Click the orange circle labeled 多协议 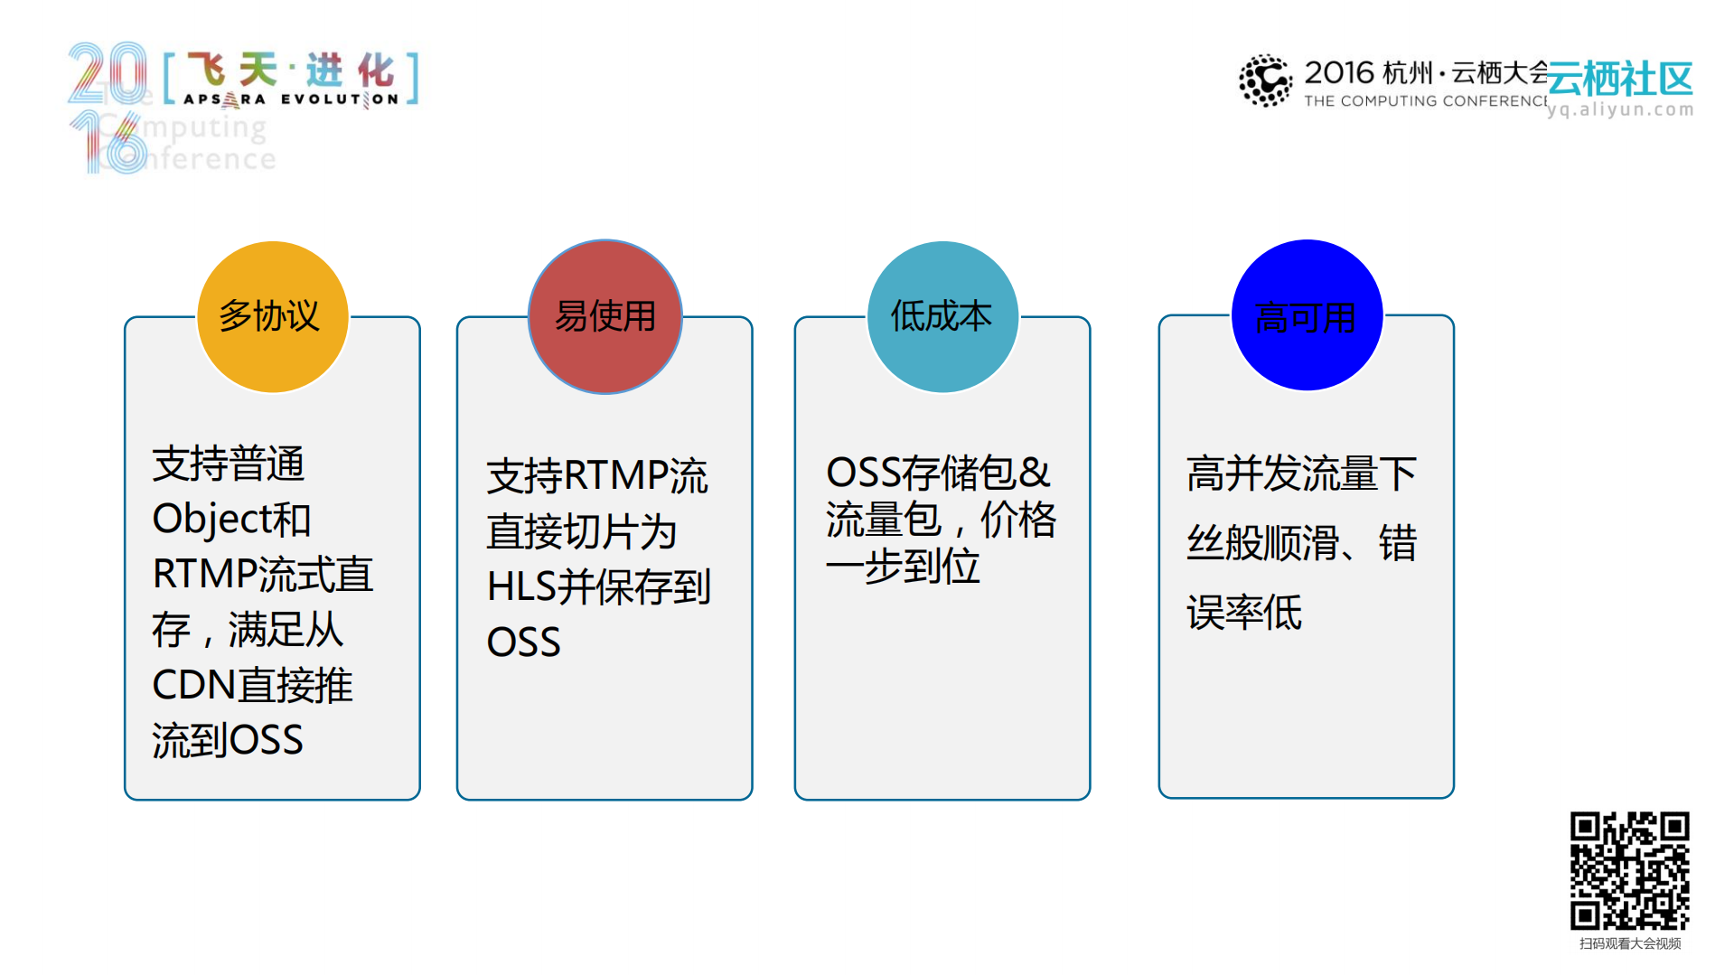[272, 316]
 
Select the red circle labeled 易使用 [605, 316]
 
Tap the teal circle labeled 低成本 [942, 316]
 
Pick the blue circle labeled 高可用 [1307, 315]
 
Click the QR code [1629, 870]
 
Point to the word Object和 [231, 519]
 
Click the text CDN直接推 [252, 685]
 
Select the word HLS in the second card [520, 587]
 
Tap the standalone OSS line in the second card [523, 642]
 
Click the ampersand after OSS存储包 [1035, 473]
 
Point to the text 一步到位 [902, 567]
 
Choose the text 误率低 [1243, 613]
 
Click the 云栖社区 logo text [1620, 80]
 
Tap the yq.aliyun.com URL [1620, 109]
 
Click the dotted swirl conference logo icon [1265, 80]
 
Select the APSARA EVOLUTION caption [291, 99]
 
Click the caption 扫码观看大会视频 [1629, 943]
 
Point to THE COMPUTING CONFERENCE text [1425, 101]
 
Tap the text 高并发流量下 [1301, 473]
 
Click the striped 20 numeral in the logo [108, 72]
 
